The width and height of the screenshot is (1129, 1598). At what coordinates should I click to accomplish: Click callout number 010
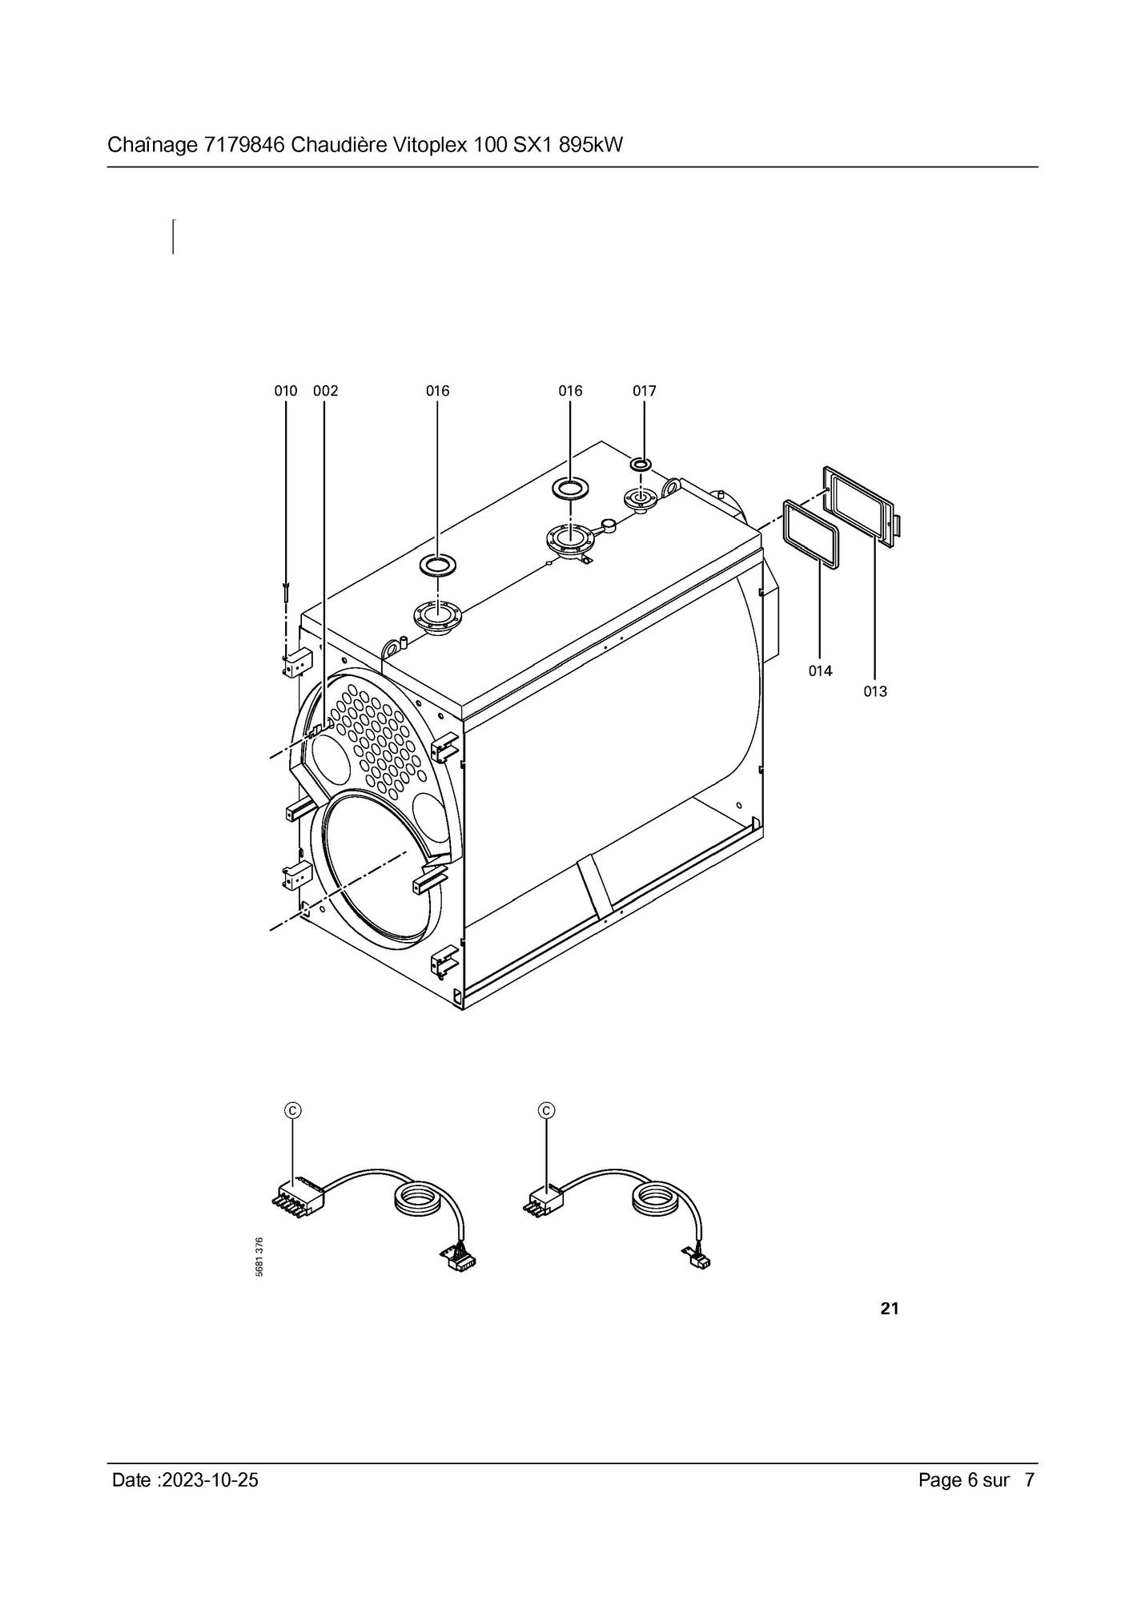coord(285,391)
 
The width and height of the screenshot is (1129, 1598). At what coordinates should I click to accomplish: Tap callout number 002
coord(325,391)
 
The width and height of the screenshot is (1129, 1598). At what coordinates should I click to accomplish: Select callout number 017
coord(644,391)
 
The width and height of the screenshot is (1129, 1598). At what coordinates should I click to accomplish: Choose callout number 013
coord(875,691)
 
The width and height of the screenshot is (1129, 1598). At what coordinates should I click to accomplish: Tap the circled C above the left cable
coord(293,1110)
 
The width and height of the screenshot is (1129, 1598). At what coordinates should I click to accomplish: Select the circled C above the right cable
coord(547,1110)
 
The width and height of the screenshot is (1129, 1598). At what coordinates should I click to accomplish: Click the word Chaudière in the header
coord(339,145)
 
